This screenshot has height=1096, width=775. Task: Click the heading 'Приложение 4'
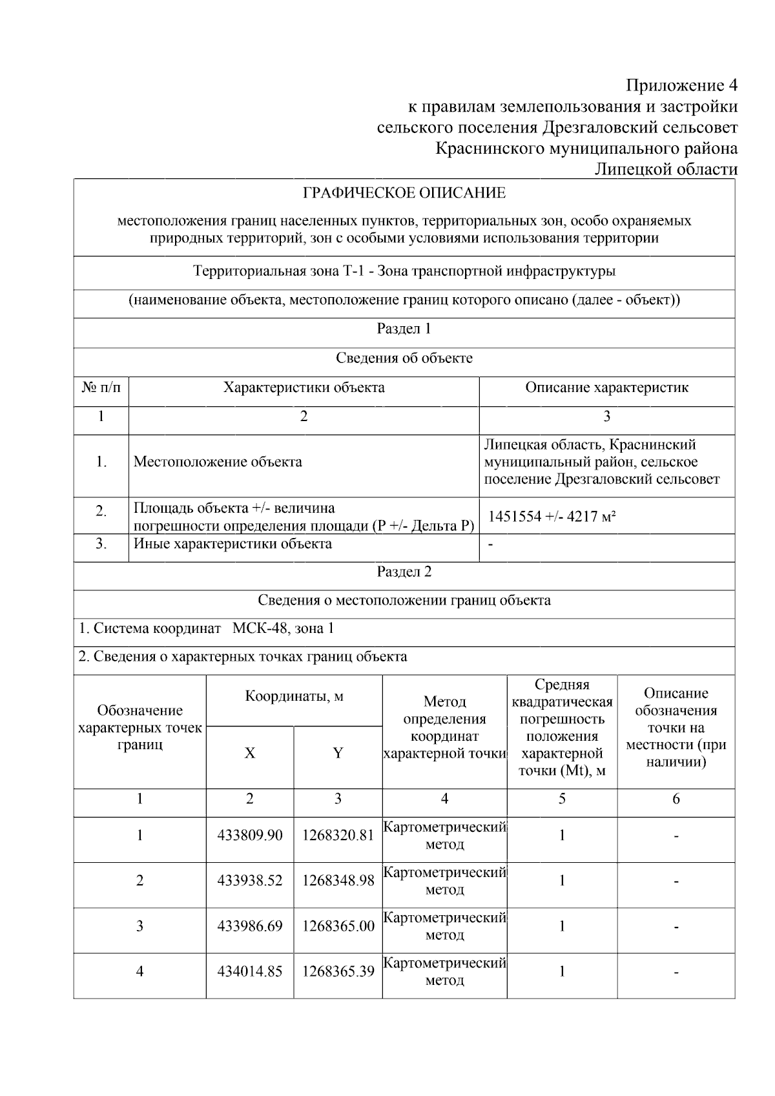coord(681,85)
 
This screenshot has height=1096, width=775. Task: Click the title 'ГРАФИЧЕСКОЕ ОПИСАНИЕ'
coord(404,193)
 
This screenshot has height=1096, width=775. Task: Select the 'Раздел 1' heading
coord(404,329)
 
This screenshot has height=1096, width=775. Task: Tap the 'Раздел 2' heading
coord(404,572)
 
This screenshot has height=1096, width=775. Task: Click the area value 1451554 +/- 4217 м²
coord(552,516)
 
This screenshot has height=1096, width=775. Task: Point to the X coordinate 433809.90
coord(250,835)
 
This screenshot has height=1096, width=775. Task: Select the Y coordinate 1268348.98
coord(338,880)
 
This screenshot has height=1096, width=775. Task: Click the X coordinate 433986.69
coord(250,926)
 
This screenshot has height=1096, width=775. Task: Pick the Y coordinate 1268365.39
coord(338,971)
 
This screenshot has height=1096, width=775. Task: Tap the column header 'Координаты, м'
coord(294,696)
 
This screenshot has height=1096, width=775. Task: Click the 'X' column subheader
coord(250,753)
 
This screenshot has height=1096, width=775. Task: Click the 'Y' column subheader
coord(338,753)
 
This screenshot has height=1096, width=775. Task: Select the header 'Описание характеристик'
coord(606,388)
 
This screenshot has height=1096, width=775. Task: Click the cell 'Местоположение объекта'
coord(218,462)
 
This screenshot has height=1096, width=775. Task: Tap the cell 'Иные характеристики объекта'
coord(232,544)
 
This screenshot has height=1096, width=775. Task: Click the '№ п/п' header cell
coord(101,388)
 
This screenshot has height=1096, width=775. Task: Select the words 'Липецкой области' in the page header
coord(665,169)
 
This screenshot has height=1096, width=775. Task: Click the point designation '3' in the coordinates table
coord(139,926)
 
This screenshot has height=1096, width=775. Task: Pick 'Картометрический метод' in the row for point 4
coord(444,971)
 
